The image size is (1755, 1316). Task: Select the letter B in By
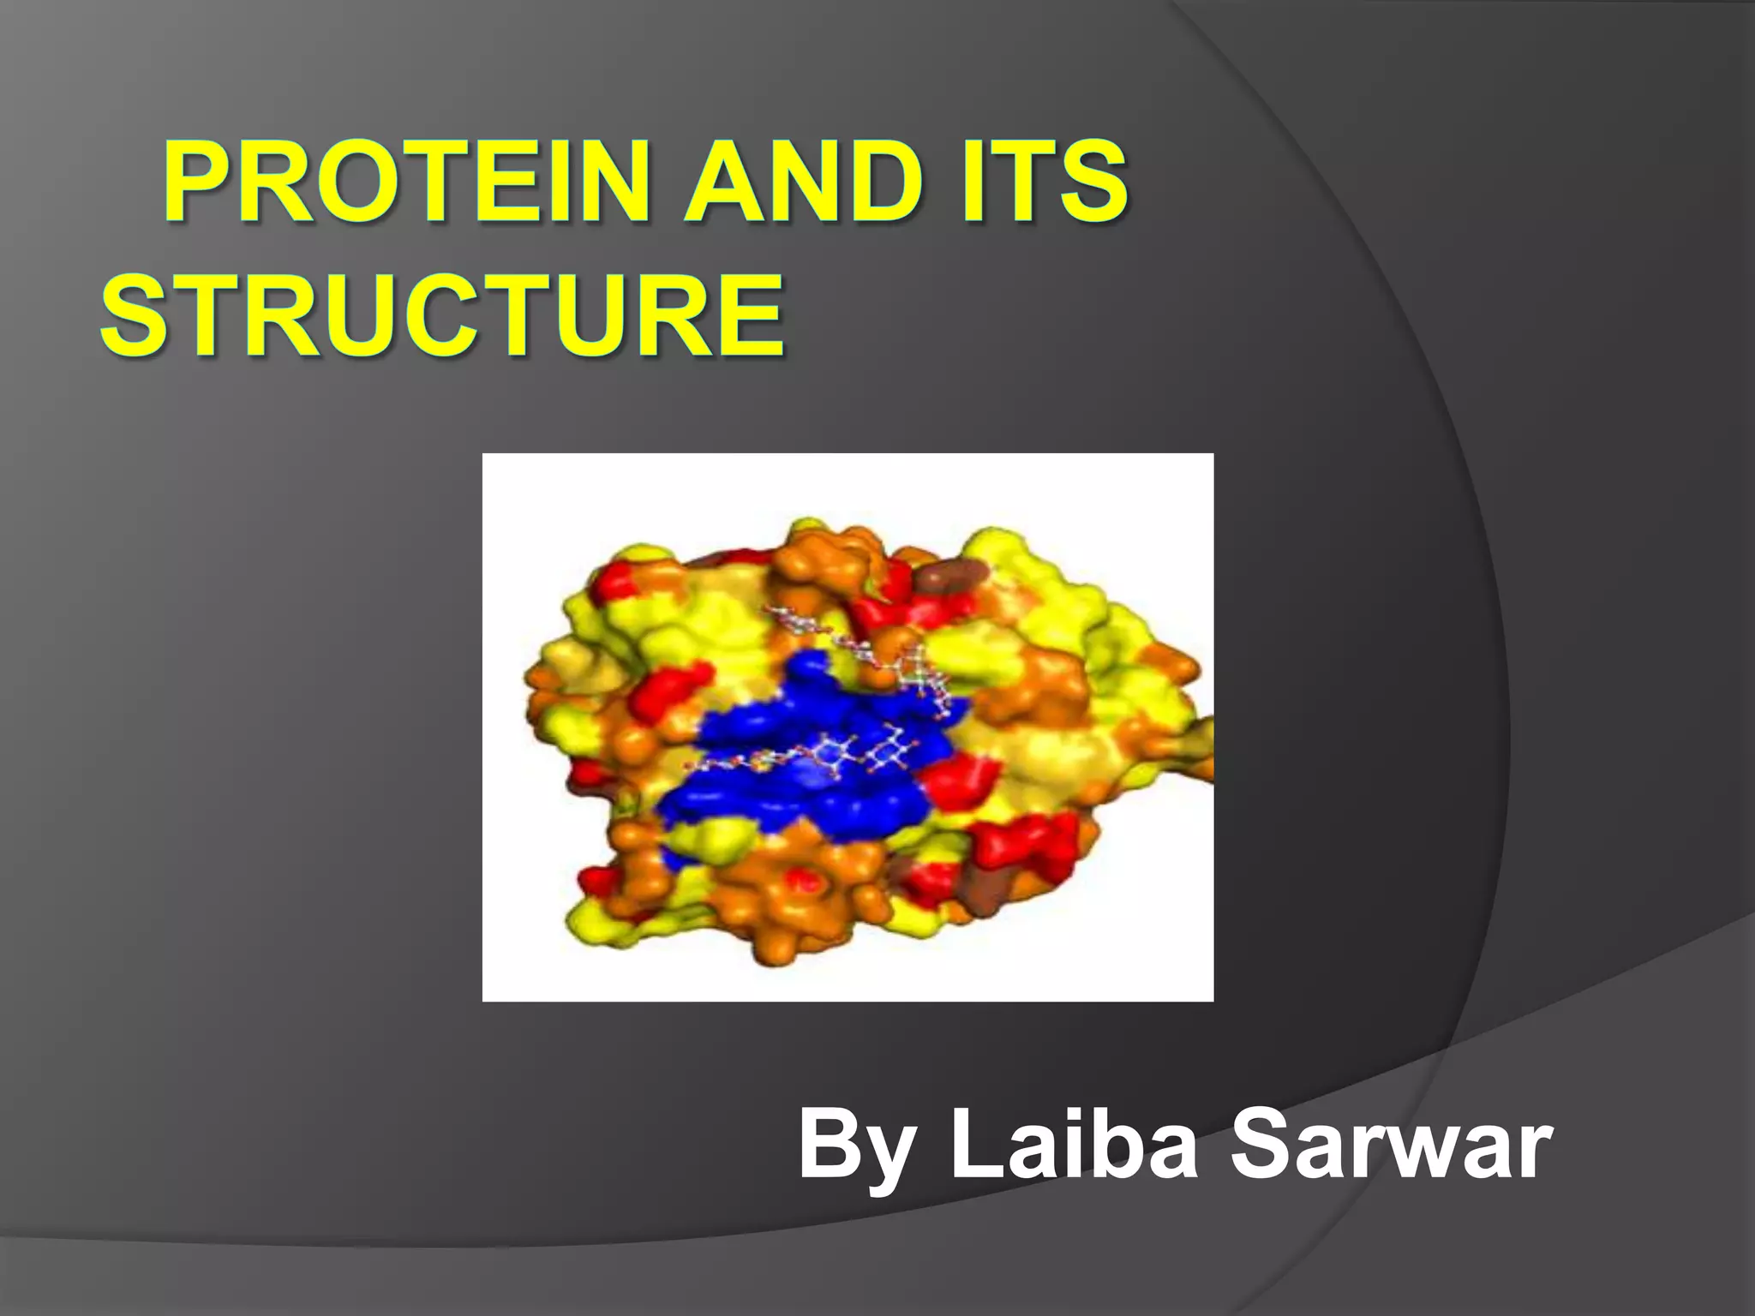tap(827, 1144)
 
